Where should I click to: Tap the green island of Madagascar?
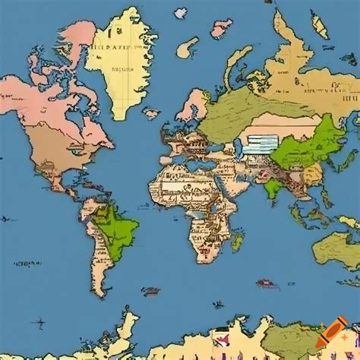coord(237,242)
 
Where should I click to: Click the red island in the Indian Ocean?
coord(265,284)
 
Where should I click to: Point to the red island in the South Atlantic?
coord(150,291)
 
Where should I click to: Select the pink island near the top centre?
coord(221,28)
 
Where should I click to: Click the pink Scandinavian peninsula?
coord(194,103)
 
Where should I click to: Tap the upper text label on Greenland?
coord(112,46)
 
